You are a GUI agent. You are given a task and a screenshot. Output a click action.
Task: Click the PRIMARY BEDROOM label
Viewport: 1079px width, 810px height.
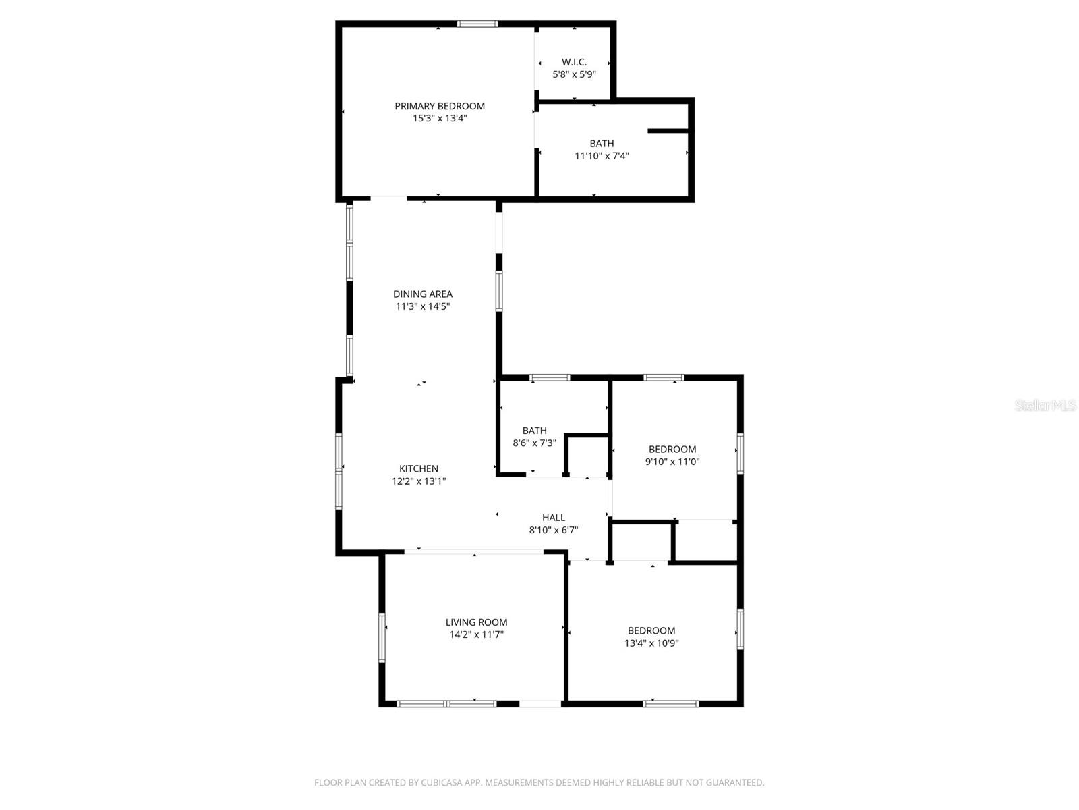[439, 106]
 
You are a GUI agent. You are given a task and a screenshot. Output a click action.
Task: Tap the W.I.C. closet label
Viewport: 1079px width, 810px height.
[574, 62]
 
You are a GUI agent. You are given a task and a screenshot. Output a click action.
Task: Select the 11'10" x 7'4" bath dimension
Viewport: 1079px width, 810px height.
[602, 156]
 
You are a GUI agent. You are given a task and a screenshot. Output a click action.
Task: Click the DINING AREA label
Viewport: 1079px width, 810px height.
[423, 294]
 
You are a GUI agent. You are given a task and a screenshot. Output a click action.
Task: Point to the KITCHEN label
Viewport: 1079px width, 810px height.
[419, 468]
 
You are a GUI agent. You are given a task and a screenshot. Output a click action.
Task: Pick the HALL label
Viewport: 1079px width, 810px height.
[554, 518]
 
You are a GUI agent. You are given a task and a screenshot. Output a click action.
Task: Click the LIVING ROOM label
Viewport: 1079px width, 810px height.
[476, 622]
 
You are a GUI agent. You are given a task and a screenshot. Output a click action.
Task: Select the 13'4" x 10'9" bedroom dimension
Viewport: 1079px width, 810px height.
[651, 643]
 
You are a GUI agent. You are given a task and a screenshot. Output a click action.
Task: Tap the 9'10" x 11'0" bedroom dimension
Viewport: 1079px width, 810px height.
[672, 462]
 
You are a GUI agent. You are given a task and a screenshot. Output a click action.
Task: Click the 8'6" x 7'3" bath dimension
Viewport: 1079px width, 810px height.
[534, 443]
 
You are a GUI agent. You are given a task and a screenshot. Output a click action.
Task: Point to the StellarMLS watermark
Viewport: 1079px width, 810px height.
[1045, 406]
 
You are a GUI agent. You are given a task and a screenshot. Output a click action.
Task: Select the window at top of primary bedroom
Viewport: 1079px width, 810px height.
[477, 24]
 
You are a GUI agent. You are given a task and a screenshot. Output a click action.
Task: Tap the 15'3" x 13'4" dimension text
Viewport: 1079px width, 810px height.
[440, 118]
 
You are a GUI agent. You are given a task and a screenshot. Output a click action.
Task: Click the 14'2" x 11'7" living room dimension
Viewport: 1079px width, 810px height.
[476, 634]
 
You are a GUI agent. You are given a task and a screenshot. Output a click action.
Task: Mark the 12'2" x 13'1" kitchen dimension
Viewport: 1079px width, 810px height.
[419, 481]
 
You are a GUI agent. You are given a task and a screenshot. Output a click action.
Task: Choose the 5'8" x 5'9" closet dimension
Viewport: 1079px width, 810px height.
[574, 74]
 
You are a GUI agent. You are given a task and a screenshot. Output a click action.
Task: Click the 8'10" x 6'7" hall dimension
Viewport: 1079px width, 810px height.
[554, 530]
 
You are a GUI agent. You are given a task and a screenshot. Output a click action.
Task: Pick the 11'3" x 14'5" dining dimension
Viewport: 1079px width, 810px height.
[423, 306]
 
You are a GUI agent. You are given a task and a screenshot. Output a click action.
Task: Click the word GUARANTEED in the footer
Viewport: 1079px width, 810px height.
[734, 783]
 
